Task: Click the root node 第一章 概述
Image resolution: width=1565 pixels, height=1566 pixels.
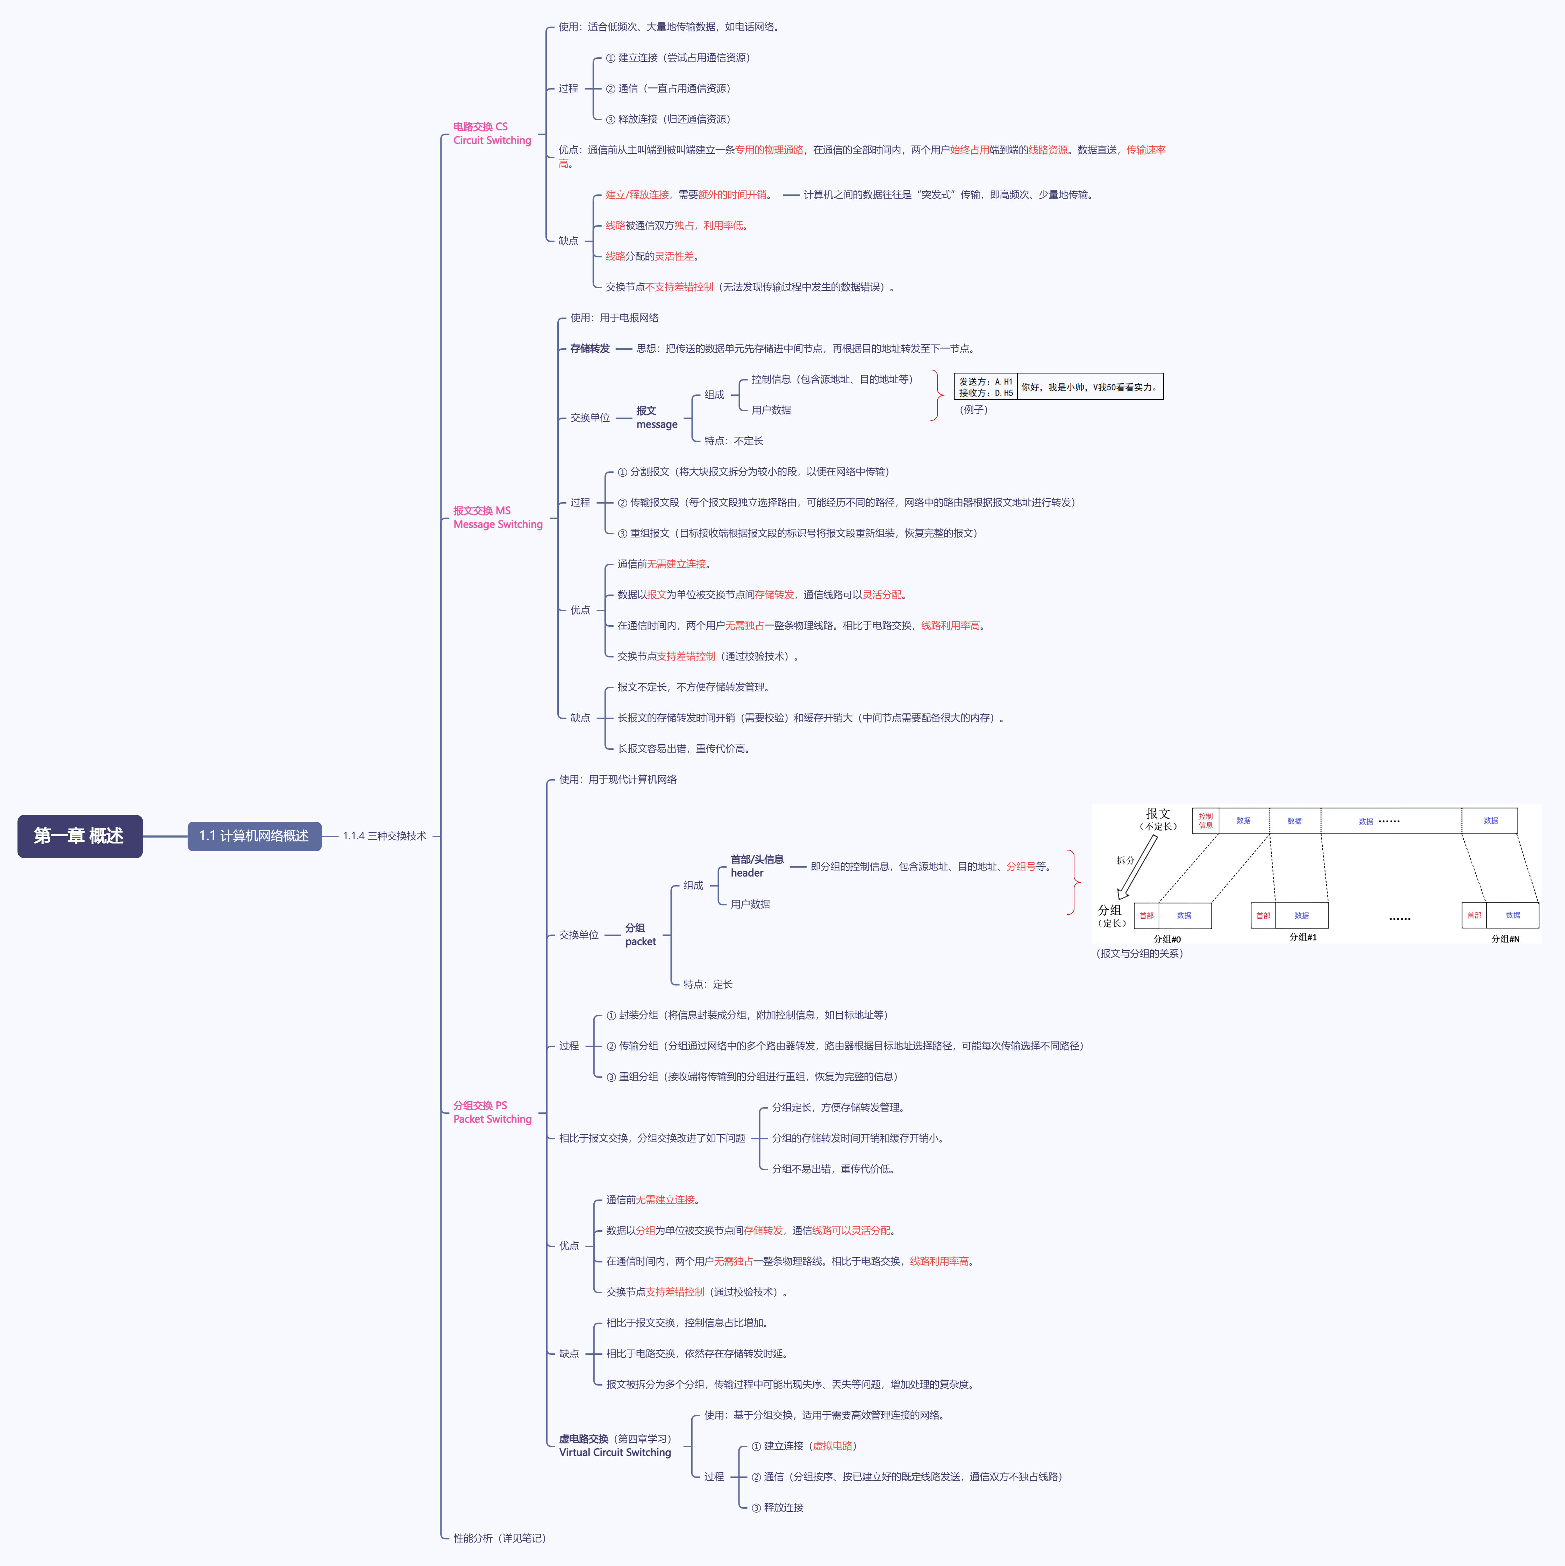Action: (79, 836)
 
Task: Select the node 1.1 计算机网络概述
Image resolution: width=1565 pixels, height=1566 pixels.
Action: (254, 836)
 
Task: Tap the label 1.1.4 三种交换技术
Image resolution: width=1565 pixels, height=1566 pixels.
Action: (384, 836)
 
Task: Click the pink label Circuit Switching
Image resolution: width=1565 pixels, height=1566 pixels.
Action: (492, 140)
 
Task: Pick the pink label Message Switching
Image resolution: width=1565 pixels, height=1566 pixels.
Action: (498, 525)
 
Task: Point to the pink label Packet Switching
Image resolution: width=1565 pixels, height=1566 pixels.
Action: (492, 1119)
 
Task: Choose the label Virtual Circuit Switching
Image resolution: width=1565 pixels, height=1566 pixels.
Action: (614, 1453)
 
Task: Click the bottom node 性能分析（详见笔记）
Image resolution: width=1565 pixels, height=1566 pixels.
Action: (499, 1538)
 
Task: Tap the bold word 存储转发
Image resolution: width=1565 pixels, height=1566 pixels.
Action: (589, 349)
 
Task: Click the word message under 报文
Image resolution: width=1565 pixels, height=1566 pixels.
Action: (657, 425)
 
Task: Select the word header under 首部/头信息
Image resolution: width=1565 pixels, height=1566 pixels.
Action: (746, 873)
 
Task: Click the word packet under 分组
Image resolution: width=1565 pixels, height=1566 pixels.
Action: (640, 942)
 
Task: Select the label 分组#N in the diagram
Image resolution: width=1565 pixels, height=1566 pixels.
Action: (1505, 939)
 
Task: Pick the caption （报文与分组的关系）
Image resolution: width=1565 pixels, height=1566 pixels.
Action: (1139, 954)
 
